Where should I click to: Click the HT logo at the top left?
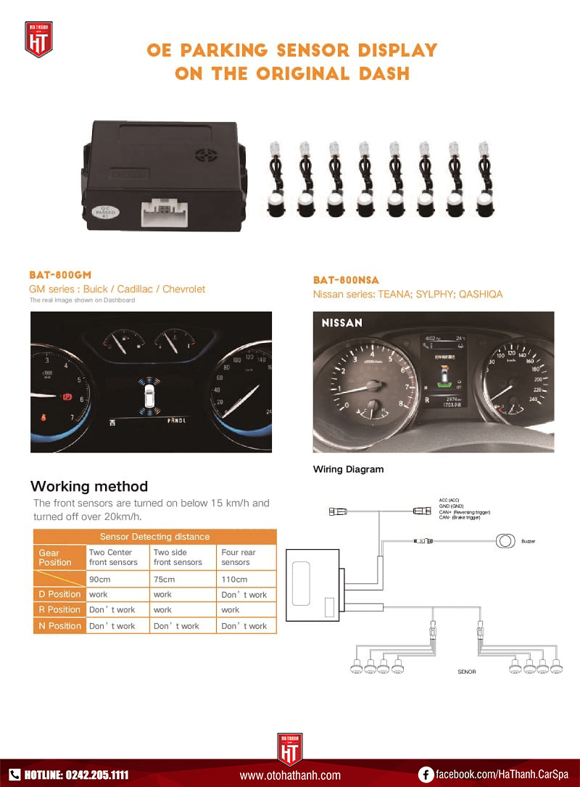pos(38,39)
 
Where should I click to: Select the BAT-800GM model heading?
pos(60,275)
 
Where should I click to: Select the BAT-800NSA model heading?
pos(346,280)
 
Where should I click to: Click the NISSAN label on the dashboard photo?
pos(341,323)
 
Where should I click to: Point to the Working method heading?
pos(89,486)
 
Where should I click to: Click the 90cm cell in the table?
pos(99,579)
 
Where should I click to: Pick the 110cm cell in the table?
pos(234,579)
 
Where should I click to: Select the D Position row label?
pos(59,594)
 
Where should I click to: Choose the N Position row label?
pos(59,625)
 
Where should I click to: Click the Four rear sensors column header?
pos(239,557)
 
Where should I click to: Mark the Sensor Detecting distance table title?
pos(154,537)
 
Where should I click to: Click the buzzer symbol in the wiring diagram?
pos(505,540)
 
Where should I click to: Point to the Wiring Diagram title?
pos(348,469)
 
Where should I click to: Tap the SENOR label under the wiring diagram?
pos(466,672)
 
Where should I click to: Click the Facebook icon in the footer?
pos(426,774)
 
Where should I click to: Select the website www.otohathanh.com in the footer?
pos(290,775)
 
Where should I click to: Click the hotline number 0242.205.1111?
pos(96,774)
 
